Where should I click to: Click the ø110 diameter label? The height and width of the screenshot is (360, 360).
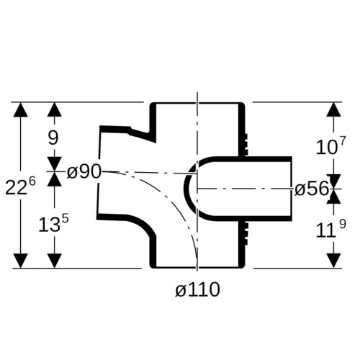[197, 289]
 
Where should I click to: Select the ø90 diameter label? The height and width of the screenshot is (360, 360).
[84, 172]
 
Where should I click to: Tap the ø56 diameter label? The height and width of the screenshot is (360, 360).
[311, 189]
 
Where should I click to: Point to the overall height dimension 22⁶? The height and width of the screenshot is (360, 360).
[20, 186]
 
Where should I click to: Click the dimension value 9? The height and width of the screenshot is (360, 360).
[53, 138]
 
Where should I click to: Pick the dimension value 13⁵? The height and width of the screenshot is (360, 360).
[53, 224]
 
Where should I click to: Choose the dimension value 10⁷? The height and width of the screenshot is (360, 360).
[330, 145]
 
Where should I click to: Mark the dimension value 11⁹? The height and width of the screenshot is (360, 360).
[330, 229]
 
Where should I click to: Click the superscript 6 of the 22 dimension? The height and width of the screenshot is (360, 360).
[32, 181]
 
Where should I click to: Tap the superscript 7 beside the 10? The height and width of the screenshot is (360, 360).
[343, 140]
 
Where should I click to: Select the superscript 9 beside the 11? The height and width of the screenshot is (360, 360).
[343, 225]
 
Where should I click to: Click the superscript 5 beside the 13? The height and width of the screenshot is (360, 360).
[66, 220]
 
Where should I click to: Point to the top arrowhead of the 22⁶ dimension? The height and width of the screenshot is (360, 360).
[20, 109]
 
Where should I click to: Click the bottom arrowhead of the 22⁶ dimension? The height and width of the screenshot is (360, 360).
[20, 261]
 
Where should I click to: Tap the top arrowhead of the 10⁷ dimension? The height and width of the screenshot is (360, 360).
[334, 109]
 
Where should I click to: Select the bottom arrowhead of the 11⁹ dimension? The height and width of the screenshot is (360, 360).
[334, 261]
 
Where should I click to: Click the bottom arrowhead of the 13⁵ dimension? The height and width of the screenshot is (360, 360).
[55, 261]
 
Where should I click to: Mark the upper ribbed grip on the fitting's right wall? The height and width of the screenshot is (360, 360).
[246, 144]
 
